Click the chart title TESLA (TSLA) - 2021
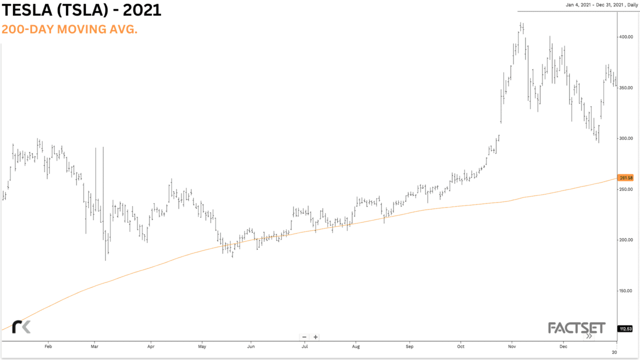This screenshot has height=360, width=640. click(x=81, y=10)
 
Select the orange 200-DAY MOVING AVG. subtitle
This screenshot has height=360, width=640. click(x=69, y=29)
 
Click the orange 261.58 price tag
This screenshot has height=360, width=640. click(x=626, y=178)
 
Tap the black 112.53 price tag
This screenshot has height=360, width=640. click(x=626, y=328)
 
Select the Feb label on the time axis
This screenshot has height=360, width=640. click(x=48, y=346)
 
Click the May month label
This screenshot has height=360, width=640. click(x=202, y=346)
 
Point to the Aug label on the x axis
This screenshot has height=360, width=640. click(x=355, y=346)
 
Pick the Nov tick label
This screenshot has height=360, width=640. click(x=512, y=346)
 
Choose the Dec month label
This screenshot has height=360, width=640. click(x=563, y=346)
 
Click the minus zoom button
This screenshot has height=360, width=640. click(x=304, y=337)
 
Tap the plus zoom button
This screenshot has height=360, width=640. click(x=315, y=337)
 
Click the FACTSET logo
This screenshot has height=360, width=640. click(x=576, y=328)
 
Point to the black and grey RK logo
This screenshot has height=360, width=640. click(x=21, y=326)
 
